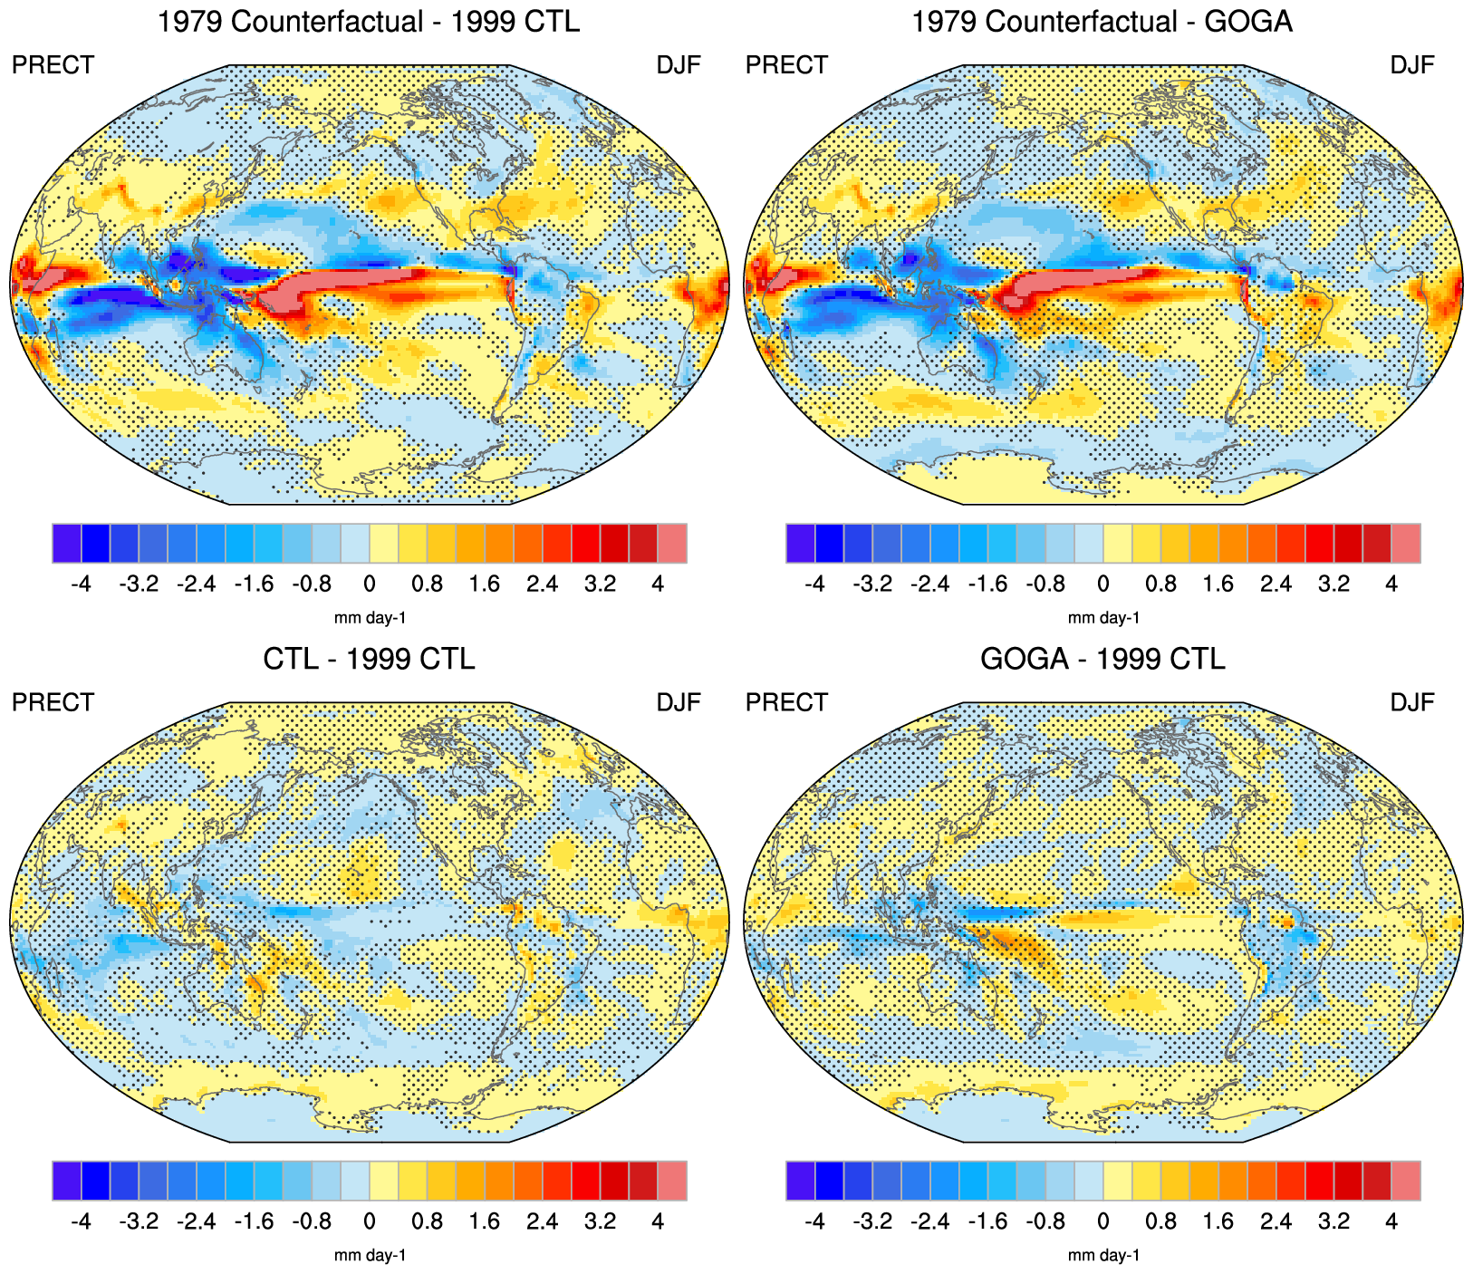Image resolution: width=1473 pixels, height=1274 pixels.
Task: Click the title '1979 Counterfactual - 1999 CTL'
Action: pos(369,21)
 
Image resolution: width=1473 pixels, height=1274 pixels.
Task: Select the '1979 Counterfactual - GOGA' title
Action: pos(1102,21)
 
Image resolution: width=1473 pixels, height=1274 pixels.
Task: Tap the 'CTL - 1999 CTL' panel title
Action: pos(369,658)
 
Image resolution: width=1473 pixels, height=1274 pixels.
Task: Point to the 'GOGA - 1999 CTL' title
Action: pos(1102,658)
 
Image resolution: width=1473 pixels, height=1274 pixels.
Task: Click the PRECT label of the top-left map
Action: pos(53,65)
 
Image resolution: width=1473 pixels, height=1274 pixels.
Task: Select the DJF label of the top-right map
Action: pos(1412,65)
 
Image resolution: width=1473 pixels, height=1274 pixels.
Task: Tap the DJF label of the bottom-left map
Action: pos(679,702)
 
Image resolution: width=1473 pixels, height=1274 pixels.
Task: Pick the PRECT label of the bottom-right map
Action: pos(786,702)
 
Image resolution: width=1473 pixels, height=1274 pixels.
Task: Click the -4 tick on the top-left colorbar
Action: pos(81,584)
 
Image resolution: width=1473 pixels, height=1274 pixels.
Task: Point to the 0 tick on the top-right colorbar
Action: pos(1102,584)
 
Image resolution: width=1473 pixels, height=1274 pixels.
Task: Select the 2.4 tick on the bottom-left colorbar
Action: pos(542,1221)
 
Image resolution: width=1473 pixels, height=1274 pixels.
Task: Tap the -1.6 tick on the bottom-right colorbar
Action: pos(987,1221)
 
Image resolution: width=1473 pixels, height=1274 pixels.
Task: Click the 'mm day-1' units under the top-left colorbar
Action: pos(370,618)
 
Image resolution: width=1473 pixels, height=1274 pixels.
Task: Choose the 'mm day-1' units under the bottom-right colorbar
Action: pos(1103,1255)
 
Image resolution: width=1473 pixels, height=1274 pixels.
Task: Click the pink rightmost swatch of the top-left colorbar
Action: pos(672,543)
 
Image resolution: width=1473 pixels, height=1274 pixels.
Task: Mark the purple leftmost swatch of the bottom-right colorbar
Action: pos(801,1180)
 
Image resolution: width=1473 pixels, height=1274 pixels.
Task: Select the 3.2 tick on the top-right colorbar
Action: pos(1333,584)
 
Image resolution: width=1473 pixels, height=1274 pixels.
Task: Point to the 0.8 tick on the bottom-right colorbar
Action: pos(1160,1221)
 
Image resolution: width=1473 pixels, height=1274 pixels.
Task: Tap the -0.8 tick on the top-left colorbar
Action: pos(311,584)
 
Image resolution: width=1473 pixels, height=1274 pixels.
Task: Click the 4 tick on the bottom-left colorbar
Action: pos(658,1221)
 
